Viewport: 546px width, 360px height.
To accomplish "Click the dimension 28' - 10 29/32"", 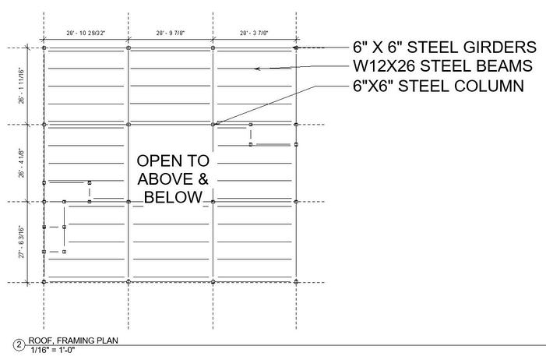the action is (86, 34).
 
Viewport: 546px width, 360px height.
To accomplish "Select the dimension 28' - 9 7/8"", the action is (171, 34).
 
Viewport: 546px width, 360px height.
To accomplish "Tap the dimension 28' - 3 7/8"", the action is (255, 34).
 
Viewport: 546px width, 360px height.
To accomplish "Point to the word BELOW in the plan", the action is (173, 198).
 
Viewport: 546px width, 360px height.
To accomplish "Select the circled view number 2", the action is (19, 344).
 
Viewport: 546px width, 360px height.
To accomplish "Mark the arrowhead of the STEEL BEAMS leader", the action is (255, 69).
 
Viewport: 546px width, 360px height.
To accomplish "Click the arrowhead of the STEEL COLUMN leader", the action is (217, 122).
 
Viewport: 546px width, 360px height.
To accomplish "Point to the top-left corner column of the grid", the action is (44, 48).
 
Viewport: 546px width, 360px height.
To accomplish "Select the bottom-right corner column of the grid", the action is (297, 281).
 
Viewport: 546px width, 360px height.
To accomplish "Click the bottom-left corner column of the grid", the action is (44, 281).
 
